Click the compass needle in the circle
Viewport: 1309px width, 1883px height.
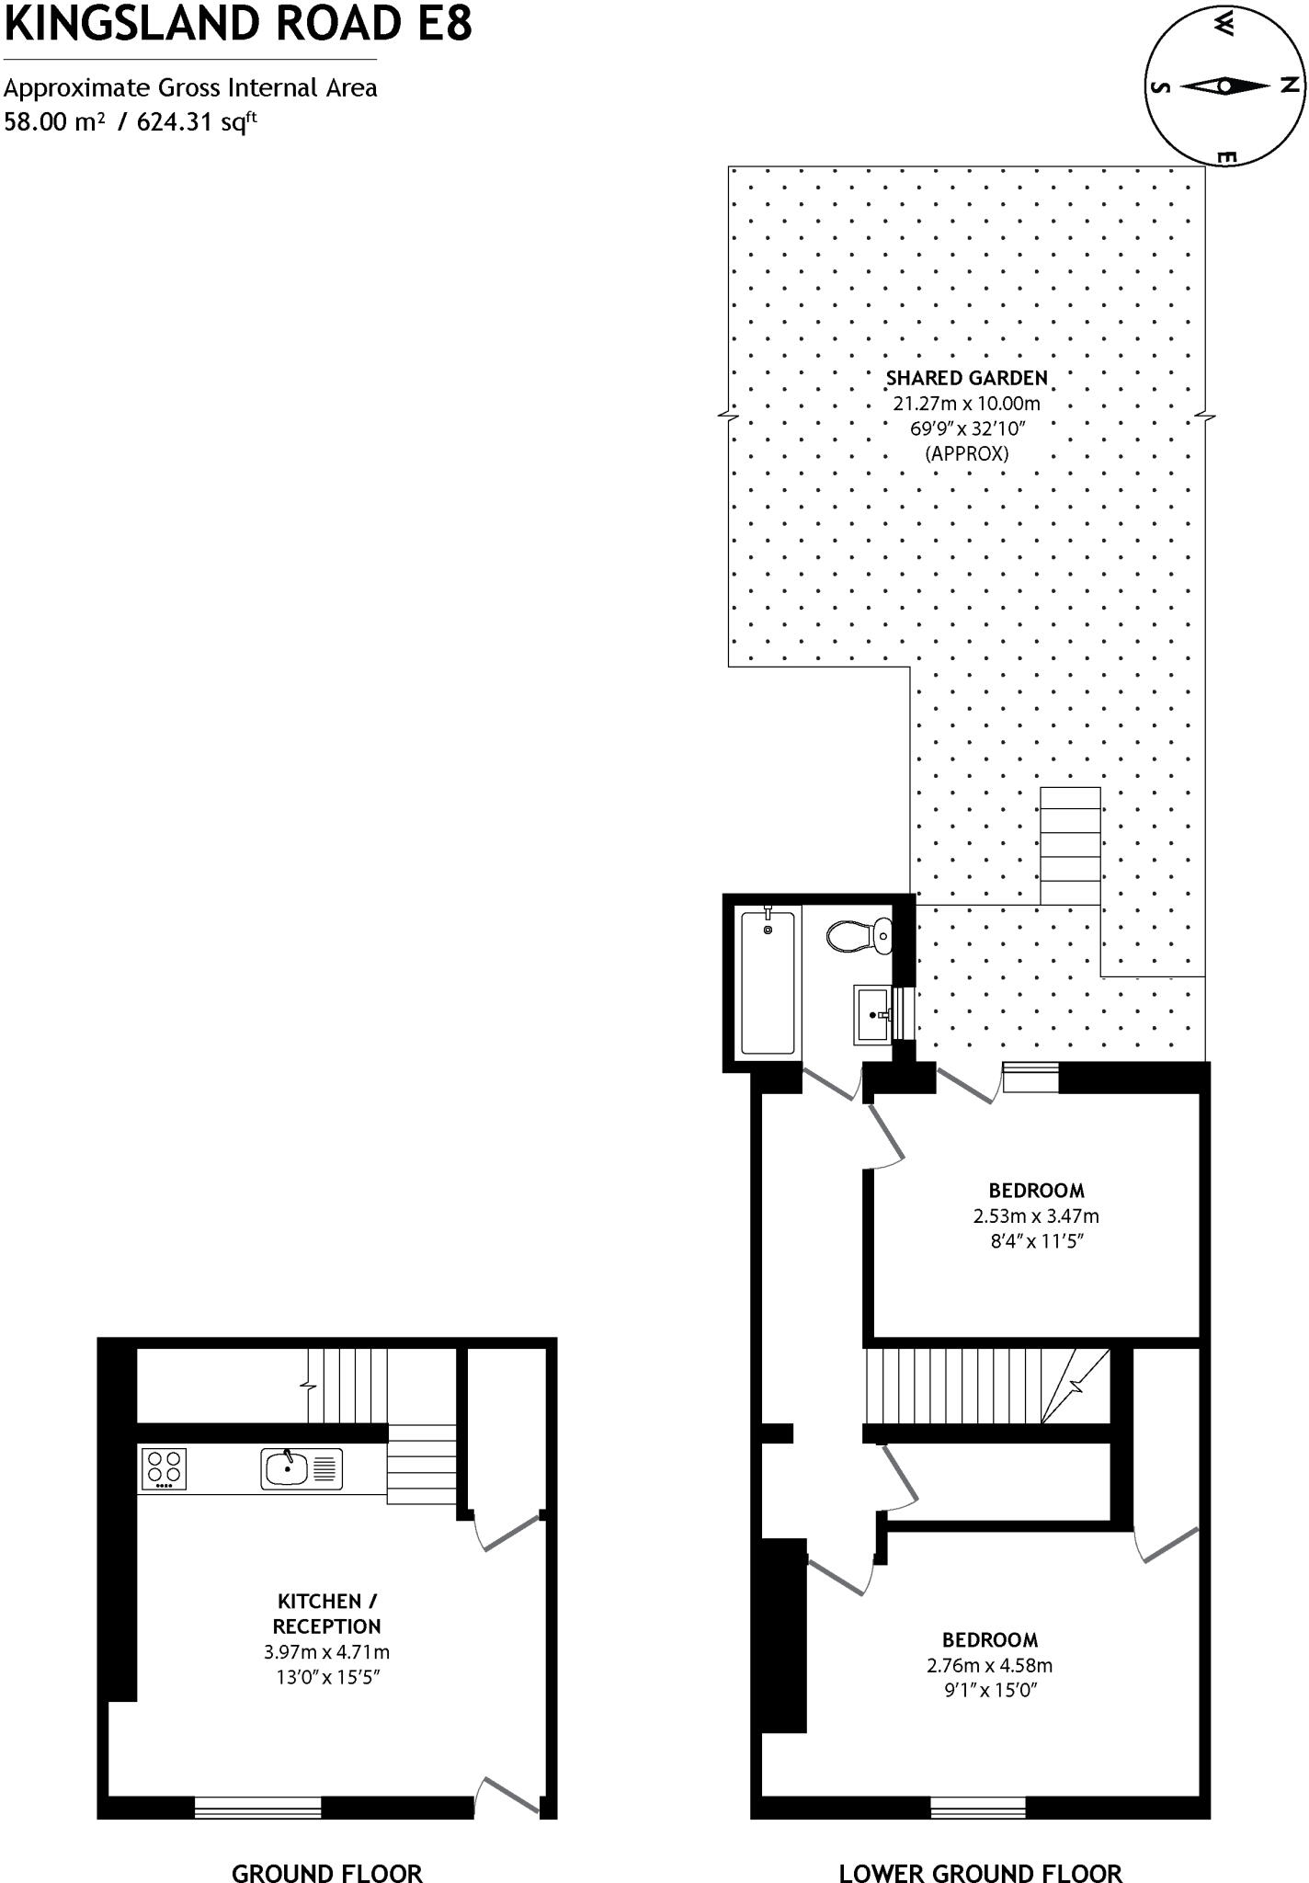click(1224, 86)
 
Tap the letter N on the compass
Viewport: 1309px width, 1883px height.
click(1290, 86)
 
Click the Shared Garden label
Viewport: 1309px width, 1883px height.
click(966, 378)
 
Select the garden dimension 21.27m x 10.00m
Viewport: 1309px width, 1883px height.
click(966, 403)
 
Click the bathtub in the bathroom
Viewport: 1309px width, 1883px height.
click(768, 980)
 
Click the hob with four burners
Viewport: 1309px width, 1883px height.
click(164, 1468)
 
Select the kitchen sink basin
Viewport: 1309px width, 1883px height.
click(287, 1468)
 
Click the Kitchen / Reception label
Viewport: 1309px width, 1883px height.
click(326, 1613)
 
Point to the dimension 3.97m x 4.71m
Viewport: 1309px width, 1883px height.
click(326, 1652)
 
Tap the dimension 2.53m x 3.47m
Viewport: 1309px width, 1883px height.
click(1036, 1215)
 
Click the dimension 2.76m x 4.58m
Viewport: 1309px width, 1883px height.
click(989, 1665)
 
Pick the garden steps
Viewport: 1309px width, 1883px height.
click(1070, 846)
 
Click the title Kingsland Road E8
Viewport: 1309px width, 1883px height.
click(238, 24)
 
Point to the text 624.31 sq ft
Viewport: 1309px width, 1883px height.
click(196, 121)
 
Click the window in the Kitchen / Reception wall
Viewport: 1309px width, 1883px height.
click(258, 1807)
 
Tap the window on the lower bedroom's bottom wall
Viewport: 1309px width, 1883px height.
click(978, 1807)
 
